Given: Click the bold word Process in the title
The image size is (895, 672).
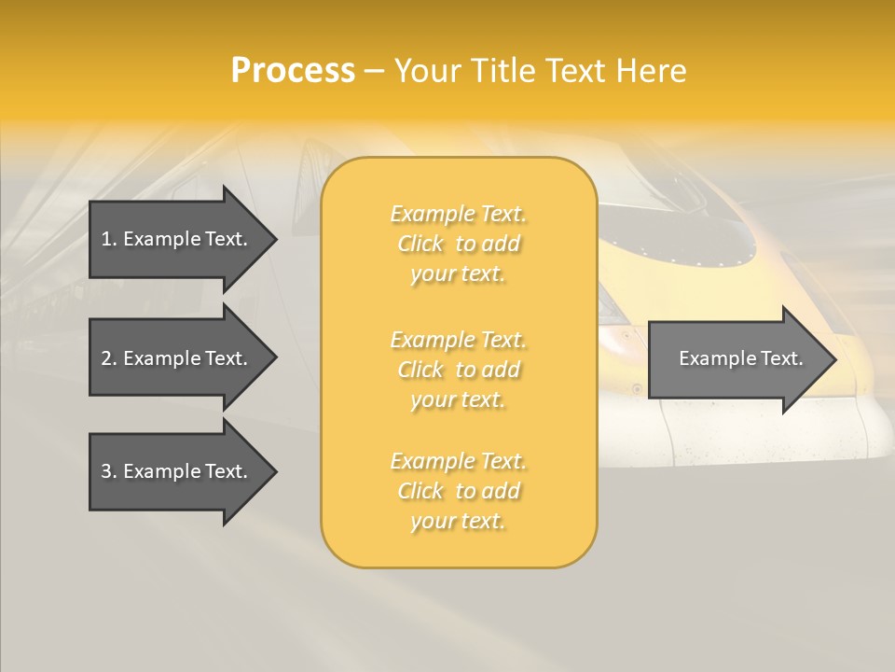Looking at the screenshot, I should click(293, 71).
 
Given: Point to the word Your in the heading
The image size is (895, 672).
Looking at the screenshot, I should click(428, 71).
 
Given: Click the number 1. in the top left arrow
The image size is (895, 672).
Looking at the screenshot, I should click(109, 239).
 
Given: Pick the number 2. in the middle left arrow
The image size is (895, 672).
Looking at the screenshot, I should click(109, 358).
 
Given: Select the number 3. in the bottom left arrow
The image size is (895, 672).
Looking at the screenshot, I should click(109, 471).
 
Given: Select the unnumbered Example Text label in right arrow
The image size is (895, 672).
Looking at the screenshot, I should click(740, 358).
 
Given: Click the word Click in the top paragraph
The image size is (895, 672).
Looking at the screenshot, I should click(420, 245).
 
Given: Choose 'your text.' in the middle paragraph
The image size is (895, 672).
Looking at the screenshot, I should click(457, 400).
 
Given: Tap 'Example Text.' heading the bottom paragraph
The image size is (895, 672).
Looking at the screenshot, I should click(458, 461).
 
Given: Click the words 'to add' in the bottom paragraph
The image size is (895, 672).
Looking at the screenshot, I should click(488, 491).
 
